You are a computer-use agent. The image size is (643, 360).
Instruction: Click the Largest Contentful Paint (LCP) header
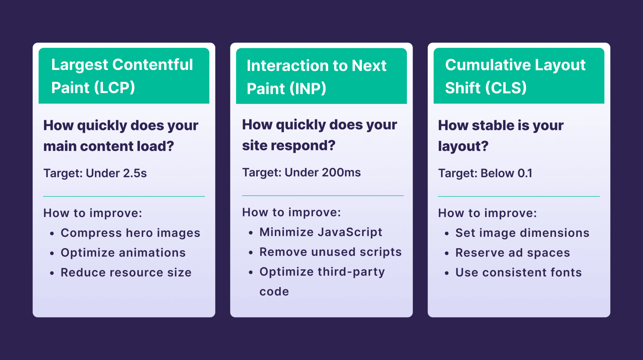click(124, 76)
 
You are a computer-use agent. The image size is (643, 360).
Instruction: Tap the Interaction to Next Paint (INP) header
click(321, 76)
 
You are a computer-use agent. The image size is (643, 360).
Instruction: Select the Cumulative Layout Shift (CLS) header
click(519, 76)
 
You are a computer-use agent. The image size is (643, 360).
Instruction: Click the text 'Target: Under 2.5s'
click(95, 173)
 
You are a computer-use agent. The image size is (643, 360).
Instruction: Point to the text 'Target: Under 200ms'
click(301, 172)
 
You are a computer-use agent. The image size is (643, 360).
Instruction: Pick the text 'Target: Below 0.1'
click(485, 173)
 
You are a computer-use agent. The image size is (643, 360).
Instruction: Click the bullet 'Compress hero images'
click(130, 233)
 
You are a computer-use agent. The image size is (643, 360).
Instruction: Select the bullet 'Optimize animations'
click(123, 253)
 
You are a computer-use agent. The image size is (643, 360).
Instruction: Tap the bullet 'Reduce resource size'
click(126, 272)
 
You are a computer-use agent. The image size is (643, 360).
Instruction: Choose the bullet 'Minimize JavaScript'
click(321, 232)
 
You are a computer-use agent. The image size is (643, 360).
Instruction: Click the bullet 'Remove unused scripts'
click(331, 252)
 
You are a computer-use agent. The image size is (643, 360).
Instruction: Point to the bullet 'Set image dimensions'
click(522, 233)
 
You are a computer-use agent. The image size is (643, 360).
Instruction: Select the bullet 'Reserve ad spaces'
click(512, 253)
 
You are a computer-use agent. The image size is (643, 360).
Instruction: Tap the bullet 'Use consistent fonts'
click(518, 272)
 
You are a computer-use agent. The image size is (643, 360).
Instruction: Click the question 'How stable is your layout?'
click(501, 136)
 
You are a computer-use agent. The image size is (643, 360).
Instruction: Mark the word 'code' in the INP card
click(274, 292)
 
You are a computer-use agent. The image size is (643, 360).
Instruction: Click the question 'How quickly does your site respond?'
click(319, 135)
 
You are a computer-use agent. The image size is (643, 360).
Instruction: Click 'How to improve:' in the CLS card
click(487, 213)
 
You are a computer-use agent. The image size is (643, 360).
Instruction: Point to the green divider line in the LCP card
click(124, 196)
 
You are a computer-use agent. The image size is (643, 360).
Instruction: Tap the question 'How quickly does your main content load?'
click(121, 136)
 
